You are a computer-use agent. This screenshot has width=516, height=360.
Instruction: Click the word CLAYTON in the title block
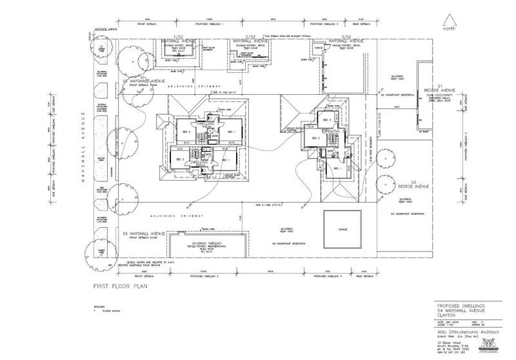tap(448, 314)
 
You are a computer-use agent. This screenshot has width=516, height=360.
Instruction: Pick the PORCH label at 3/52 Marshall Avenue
tap(318, 48)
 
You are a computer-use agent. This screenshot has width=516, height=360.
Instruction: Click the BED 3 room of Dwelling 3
tap(326, 120)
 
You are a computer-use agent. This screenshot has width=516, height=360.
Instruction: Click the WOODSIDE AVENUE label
tap(105, 28)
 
